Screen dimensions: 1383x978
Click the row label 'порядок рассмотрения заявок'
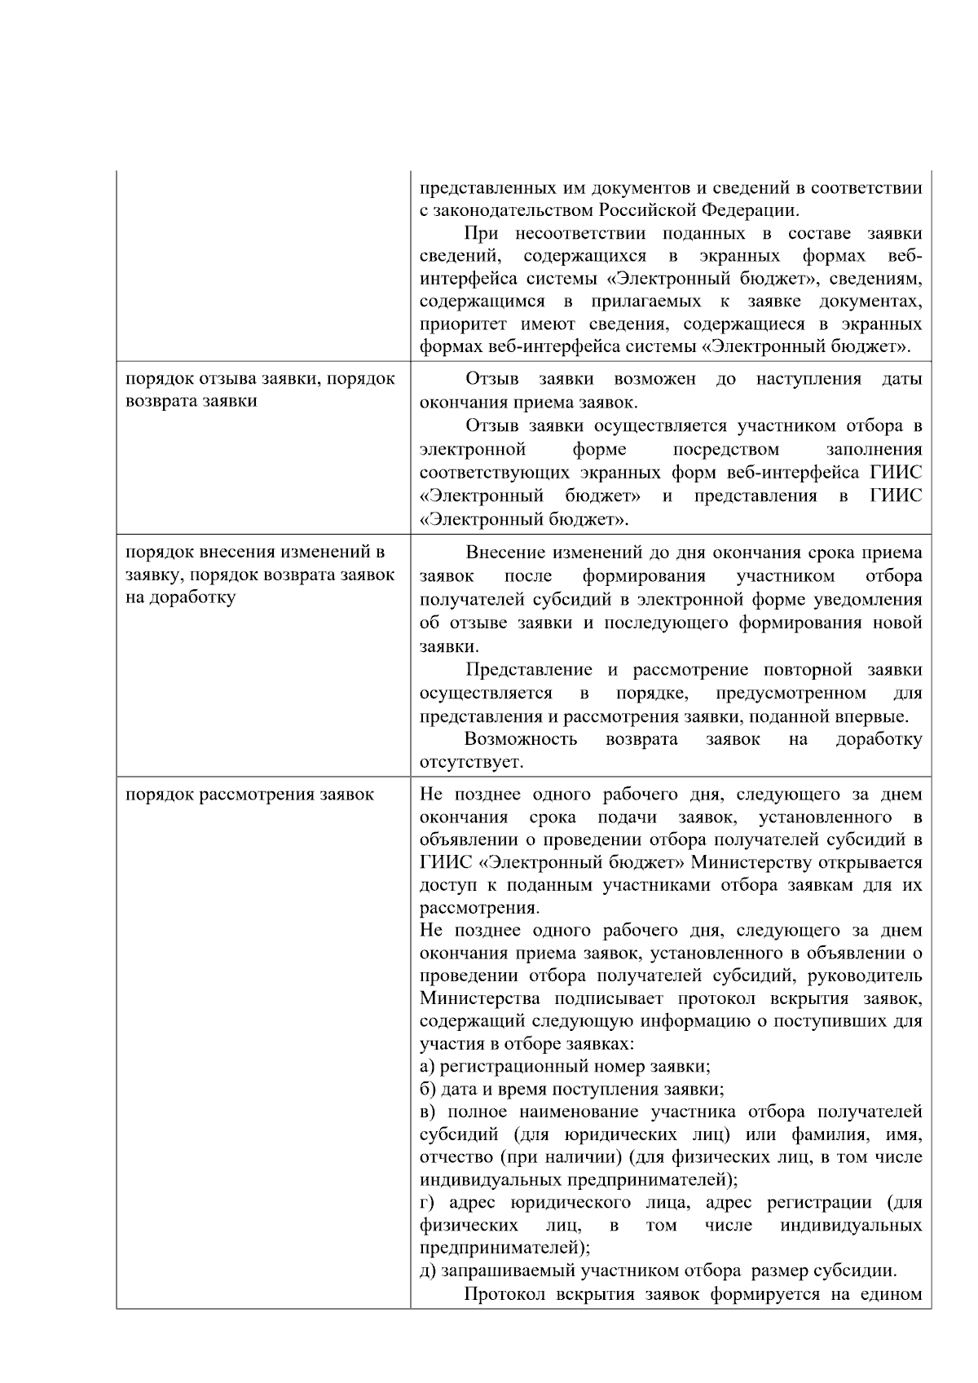coord(249,794)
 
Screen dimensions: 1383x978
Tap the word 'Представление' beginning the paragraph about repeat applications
coord(528,670)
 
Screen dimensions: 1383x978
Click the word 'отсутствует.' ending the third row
coord(471,763)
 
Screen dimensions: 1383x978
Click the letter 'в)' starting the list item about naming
coord(429,1112)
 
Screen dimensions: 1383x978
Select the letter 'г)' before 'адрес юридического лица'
coord(428,1202)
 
